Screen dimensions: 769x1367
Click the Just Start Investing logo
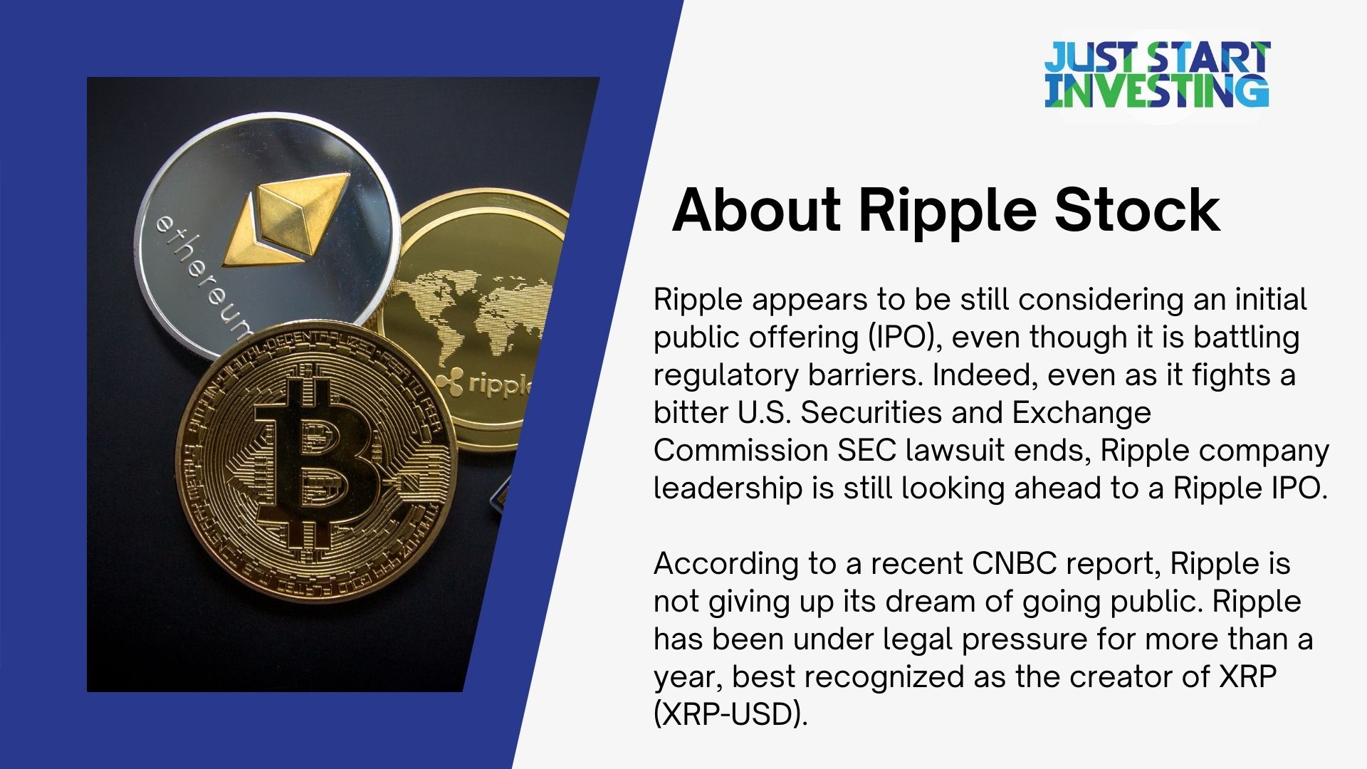(1156, 75)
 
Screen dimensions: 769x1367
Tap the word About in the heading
(756, 210)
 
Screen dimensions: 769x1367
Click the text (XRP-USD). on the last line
(730, 714)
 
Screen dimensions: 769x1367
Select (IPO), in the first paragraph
(904, 337)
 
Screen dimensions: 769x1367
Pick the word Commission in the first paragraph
(740, 450)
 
